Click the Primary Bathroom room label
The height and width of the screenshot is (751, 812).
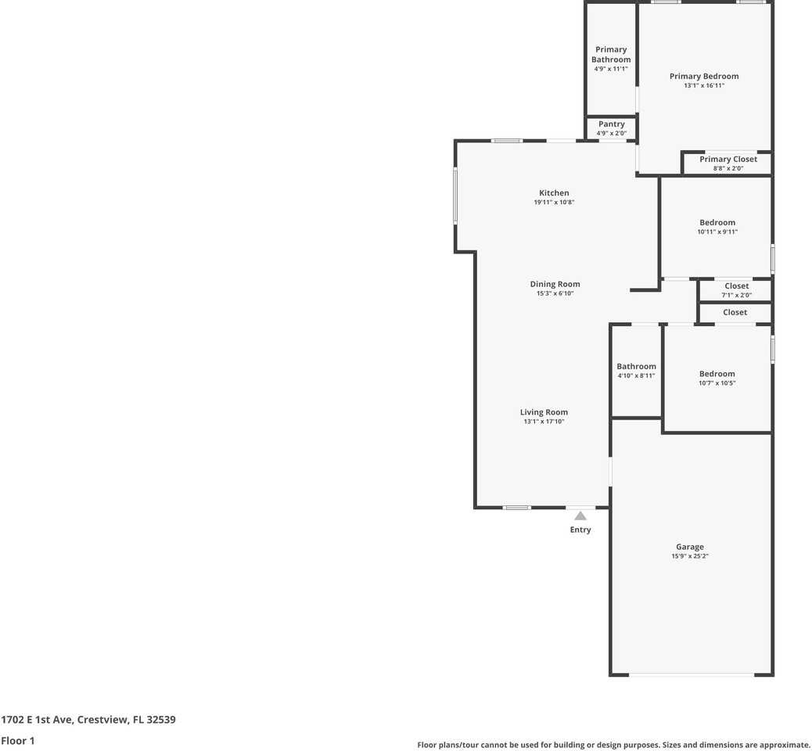611,55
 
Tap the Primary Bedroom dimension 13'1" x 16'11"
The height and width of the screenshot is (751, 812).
703,86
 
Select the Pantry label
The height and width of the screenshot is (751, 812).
611,124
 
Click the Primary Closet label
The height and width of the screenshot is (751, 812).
728,160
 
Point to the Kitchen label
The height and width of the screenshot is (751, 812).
554,193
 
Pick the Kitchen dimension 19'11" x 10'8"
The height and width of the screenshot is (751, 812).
554,203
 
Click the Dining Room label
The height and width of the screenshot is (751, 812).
555,285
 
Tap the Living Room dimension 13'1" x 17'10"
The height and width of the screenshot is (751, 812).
544,422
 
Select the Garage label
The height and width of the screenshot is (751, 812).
689,547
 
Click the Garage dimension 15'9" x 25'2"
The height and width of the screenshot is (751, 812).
689,556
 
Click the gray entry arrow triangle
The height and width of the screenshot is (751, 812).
580,516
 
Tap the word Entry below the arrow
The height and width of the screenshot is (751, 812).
580,530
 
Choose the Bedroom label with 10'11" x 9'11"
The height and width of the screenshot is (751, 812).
717,223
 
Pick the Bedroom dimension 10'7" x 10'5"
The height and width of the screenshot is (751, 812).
717,383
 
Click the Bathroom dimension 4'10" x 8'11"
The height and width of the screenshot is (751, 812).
636,375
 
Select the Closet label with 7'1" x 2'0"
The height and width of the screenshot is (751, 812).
736,286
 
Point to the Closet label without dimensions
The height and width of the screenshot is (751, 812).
735,312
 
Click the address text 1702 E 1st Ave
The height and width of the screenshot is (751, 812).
38,720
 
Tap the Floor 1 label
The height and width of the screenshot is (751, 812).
18,740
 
